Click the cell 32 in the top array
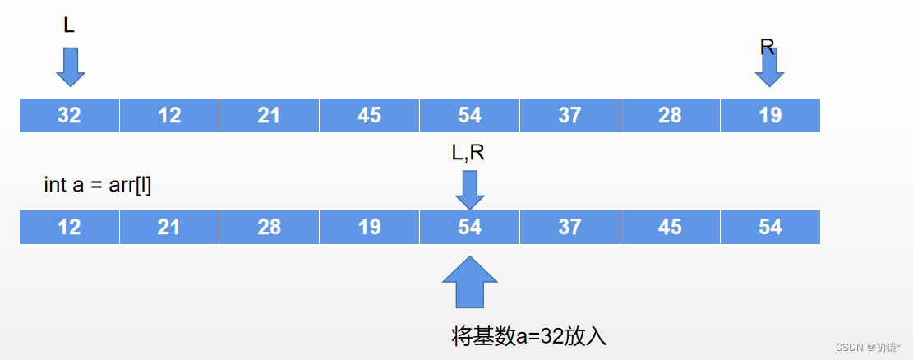click(x=70, y=115)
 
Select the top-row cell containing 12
click(x=169, y=115)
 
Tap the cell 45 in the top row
click(x=369, y=115)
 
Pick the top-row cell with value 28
click(x=670, y=115)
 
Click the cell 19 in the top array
click(x=770, y=115)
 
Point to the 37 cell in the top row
click(x=569, y=115)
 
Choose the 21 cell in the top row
click(x=269, y=115)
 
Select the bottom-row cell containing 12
click(x=70, y=227)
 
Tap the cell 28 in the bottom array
click(x=269, y=227)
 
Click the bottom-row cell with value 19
click(x=369, y=227)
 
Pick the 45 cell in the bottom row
click(x=670, y=227)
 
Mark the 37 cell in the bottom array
click(x=569, y=227)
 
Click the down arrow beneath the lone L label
click(x=71, y=67)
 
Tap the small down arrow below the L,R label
click(x=470, y=191)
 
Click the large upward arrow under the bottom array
click(x=470, y=282)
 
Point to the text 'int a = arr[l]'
click(x=97, y=185)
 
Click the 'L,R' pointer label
click(x=469, y=154)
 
